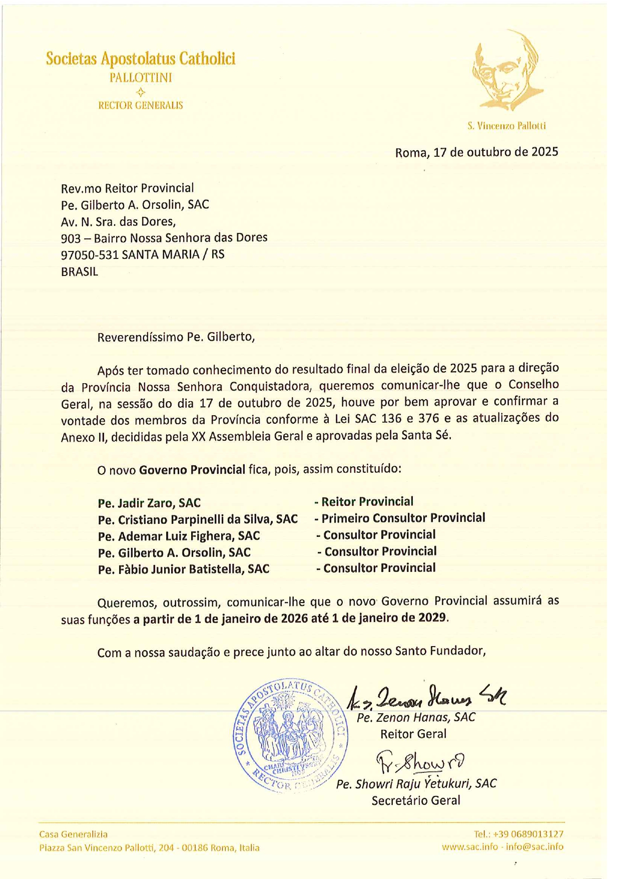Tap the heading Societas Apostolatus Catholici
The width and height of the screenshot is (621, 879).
click(141, 59)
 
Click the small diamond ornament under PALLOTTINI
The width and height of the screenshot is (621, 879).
click(141, 92)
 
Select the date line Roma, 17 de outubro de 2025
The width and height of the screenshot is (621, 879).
click(476, 152)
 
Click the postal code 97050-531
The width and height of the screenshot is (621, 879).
click(90, 254)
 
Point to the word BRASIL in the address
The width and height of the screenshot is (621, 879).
click(79, 271)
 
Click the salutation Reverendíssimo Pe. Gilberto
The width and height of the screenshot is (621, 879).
click(176, 337)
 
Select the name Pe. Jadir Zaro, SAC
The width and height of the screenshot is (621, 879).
click(149, 503)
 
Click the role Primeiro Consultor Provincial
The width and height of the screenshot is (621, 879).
click(403, 518)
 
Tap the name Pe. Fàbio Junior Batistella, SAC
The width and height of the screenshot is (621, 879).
click(184, 569)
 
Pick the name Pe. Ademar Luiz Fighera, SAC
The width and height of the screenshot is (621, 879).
click(179, 536)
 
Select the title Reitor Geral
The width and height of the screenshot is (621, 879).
click(413, 734)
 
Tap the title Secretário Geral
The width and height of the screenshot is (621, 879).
click(415, 800)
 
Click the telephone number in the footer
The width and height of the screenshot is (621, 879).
click(518, 834)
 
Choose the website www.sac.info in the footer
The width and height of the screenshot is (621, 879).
click(469, 847)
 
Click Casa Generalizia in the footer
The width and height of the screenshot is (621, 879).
click(74, 834)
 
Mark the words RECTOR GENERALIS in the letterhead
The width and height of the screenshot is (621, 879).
click(141, 105)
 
